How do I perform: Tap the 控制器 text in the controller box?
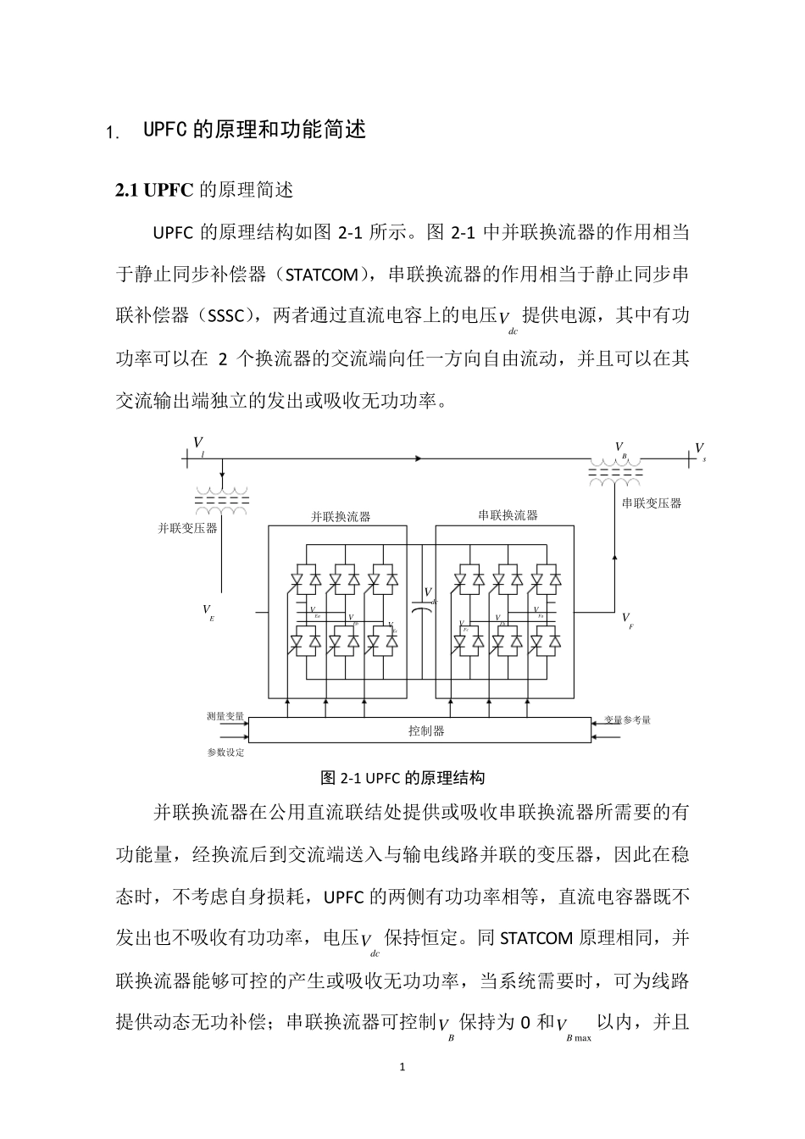(426, 731)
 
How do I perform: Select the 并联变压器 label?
(188, 528)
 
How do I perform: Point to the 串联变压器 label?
(652, 503)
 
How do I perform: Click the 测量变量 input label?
(225, 716)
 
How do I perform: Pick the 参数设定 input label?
(225, 753)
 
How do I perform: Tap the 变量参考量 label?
(628, 720)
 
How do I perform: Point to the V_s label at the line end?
(700, 449)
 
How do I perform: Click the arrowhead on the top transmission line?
(418, 458)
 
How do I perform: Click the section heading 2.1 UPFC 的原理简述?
(204, 190)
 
